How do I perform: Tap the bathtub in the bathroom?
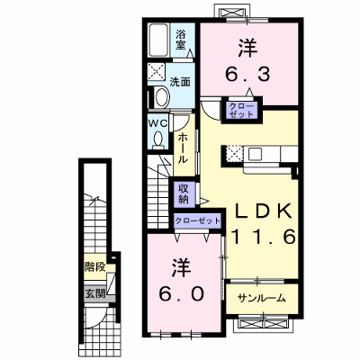158,40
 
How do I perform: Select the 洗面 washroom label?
180,82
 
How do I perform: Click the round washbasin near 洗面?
162,96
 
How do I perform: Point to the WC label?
159,123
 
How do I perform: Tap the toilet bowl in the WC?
158,139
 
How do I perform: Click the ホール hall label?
183,148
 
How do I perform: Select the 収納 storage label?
184,193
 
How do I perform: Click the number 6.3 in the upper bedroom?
247,75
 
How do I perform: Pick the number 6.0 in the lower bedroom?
182,293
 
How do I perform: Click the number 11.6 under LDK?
264,237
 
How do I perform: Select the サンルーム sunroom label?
261,298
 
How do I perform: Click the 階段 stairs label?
94,266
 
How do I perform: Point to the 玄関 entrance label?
95,293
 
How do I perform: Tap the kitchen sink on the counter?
256,155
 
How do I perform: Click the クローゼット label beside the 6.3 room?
241,110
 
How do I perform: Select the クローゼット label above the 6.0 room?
198,221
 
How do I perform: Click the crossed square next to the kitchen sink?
234,154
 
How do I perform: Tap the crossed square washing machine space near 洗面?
156,72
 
